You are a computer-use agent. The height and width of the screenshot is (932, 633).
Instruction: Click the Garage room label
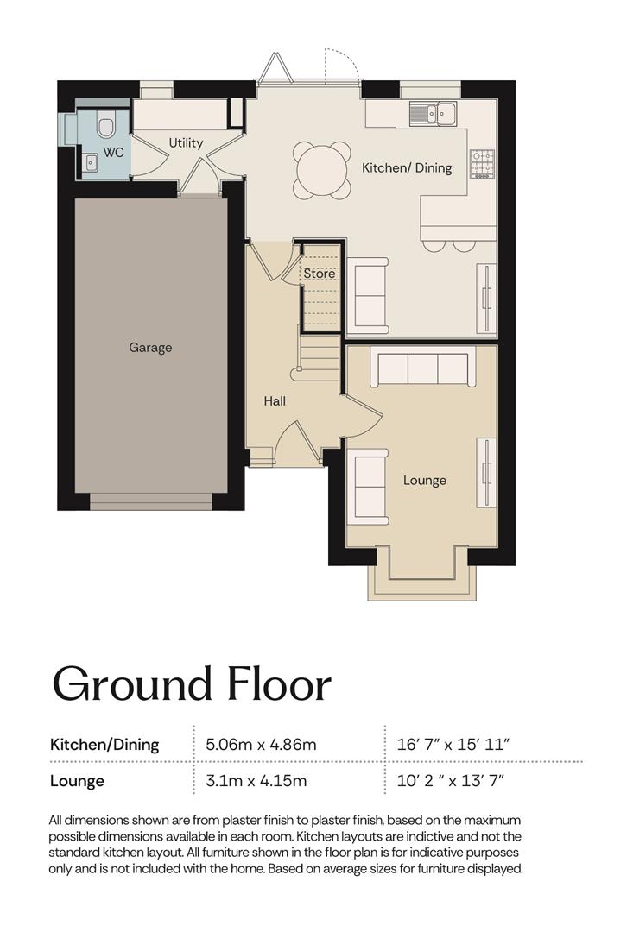pos(150,348)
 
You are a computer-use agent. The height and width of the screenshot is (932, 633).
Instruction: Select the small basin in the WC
pos(90,161)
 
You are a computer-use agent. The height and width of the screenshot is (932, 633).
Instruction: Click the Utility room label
pos(186,142)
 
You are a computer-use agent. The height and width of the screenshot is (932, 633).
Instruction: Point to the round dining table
pos(321,170)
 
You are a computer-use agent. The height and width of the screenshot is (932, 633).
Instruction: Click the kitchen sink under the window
pos(433,113)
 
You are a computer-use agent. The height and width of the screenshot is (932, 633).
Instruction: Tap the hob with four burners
pos(483,164)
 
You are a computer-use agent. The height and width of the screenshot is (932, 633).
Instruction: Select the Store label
pos(320,274)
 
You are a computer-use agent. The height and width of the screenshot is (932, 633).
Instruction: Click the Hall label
pos(275,401)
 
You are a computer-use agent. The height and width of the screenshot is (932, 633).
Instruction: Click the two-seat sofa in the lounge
pos(367,487)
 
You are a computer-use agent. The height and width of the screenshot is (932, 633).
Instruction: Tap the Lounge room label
pos(425,481)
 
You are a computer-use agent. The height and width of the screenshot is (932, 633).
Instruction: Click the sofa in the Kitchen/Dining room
pos(368,295)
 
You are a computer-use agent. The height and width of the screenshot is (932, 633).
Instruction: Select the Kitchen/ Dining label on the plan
pos(407,168)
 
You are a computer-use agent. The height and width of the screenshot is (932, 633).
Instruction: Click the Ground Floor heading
pos(192,683)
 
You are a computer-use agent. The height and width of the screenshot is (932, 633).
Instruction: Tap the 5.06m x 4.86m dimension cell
pos(261,744)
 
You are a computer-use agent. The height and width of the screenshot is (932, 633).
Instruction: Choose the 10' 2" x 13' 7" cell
pos(451,780)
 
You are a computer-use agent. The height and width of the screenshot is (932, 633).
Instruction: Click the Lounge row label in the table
pos(78,781)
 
